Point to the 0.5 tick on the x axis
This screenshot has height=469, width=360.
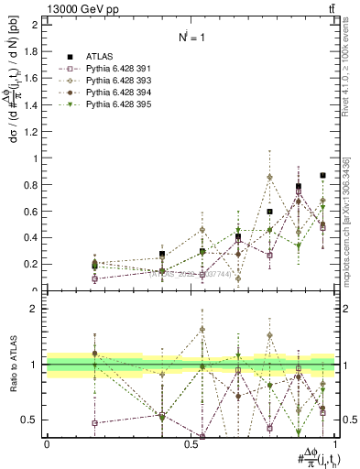(191, 443)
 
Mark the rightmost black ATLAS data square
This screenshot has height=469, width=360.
(322, 176)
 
